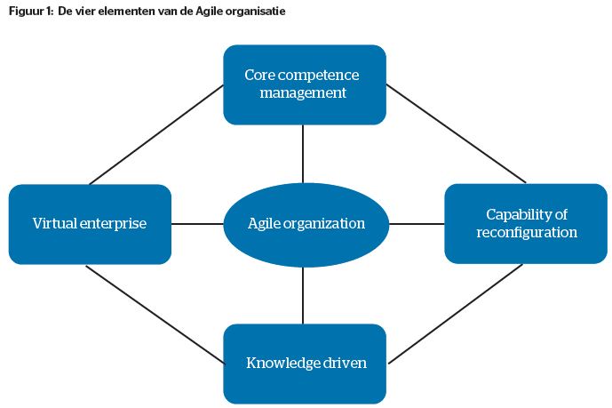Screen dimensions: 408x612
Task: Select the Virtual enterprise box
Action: [x=89, y=223]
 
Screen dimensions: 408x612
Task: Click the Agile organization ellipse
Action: [x=306, y=223]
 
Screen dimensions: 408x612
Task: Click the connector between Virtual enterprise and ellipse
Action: [x=196, y=223]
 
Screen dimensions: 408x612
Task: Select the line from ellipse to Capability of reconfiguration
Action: [x=417, y=223]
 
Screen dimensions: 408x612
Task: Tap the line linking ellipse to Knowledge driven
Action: [x=304, y=294]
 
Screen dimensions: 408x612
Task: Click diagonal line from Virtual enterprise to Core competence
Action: [x=156, y=134]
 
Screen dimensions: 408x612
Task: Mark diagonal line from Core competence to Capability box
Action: [x=457, y=133]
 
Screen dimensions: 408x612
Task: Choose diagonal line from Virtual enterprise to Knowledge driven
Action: [x=155, y=314]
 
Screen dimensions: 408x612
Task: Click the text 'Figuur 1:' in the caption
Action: [x=28, y=12]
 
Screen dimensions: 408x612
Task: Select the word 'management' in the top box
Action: [x=304, y=92]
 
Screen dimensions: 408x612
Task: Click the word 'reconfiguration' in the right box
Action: [x=527, y=233]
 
